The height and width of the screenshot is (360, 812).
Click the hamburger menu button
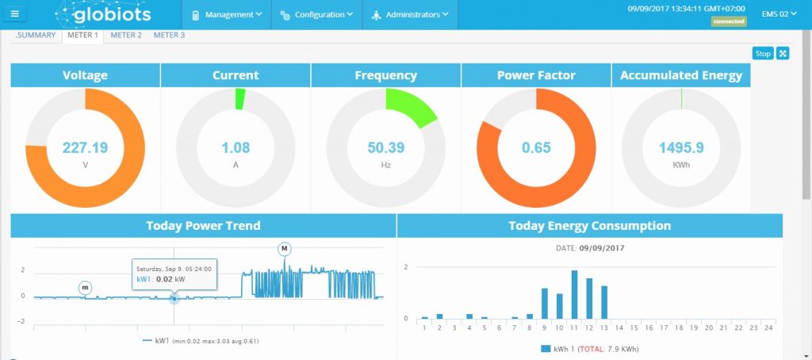point(16,14)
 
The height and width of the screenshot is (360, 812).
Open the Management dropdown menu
point(228,14)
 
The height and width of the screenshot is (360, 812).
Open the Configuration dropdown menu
point(316,14)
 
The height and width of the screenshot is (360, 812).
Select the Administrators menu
point(410,14)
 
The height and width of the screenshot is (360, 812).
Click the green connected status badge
point(729,22)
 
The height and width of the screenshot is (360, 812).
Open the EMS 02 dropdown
point(779,13)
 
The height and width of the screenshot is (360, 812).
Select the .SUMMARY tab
point(36,35)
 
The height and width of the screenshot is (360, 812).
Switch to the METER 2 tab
point(126,35)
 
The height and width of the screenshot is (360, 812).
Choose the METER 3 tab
point(169,35)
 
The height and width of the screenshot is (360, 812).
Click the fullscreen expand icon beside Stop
point(783,53)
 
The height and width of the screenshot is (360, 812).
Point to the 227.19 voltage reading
point(86,147)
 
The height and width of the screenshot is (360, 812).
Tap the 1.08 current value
point(236,147)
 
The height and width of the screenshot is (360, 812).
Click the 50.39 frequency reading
point(386,147)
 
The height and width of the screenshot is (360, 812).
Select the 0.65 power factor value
point(536,147)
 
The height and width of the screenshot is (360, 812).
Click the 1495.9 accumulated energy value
point(681,147)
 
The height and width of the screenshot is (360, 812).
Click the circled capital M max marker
point(285,249)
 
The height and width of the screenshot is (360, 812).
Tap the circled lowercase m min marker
point(85,287)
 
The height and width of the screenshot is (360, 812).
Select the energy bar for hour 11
point(574,294)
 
